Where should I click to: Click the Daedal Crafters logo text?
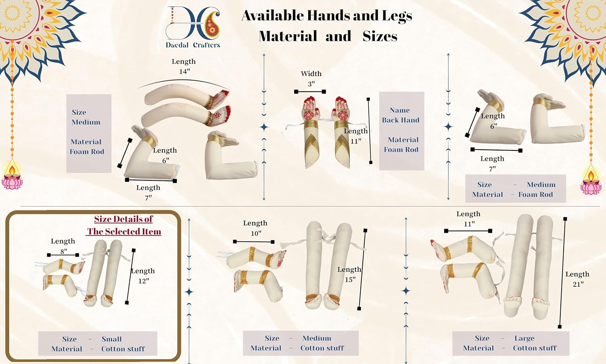[x=193, y=45]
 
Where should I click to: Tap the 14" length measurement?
[x=184, y=72]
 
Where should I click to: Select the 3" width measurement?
[x=311, y=84]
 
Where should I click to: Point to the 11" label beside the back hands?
[x=356, y=141]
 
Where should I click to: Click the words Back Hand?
[x=400, y=120]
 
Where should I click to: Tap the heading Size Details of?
[x=123, y=219]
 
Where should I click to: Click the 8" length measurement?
[x=63, y=251]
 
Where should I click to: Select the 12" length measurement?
[x=143, y=281]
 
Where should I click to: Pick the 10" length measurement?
[x=256, y=233]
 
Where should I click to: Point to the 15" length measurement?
[x=350, y=279]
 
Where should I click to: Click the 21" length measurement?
[x=578, y=284]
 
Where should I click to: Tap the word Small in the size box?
[x=112, y=339]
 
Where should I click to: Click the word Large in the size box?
[x=524, y=338]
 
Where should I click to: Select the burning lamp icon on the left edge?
[x=12, y=176]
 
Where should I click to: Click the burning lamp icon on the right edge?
[x=591, y=181]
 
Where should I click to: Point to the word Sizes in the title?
[x=380, y=36]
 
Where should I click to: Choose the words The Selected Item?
[x=124, y=231]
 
